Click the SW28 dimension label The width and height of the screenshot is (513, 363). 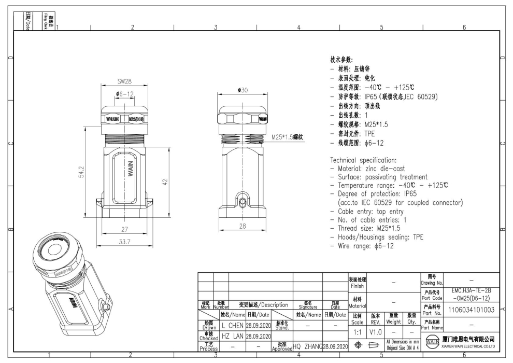[124, 82]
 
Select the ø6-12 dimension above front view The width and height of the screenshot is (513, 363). [124, 94]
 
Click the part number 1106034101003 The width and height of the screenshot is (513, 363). [470, 310]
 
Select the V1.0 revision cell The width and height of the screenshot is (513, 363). [376, 330]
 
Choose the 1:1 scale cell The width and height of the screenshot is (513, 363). [357, 330]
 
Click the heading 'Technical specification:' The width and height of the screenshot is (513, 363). [364, 160]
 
